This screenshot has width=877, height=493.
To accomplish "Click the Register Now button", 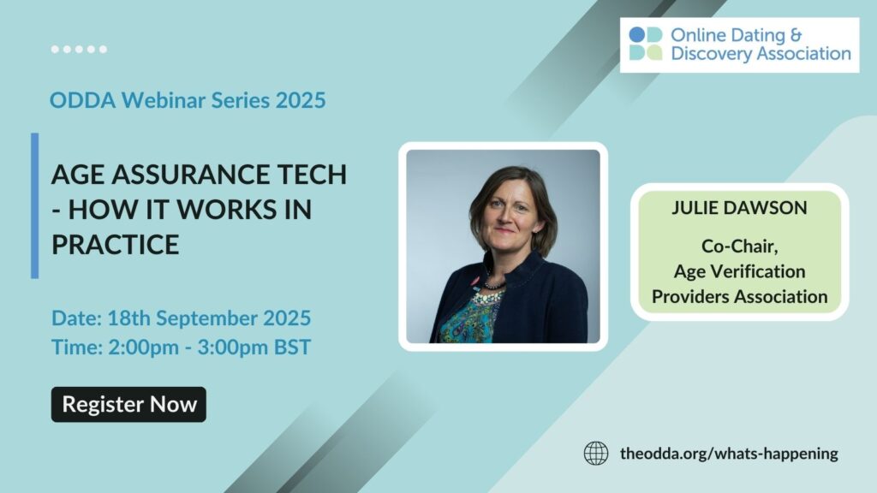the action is (x=128, y=404).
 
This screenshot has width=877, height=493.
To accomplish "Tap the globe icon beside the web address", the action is (x=596, y=453).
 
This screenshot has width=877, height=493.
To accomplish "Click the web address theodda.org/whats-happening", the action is (x=729, y=454).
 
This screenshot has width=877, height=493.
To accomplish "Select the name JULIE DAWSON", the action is (x=739, y=207).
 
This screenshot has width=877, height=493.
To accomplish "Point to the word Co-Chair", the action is (x=739, y=246).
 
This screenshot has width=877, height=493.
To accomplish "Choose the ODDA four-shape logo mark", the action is (x=646, y=44).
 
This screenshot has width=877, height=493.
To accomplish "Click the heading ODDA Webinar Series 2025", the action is (x=188, y=100).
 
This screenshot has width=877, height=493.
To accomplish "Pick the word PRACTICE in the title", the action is (x=116, y=244).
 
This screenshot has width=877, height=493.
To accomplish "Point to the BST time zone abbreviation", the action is (x=292, y=347).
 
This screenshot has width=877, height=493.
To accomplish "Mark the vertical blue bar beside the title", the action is (x=34, y=205).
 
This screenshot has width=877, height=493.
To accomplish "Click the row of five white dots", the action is (x=79, y=49).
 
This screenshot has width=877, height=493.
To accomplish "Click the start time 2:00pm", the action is (x=143, y=347).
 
